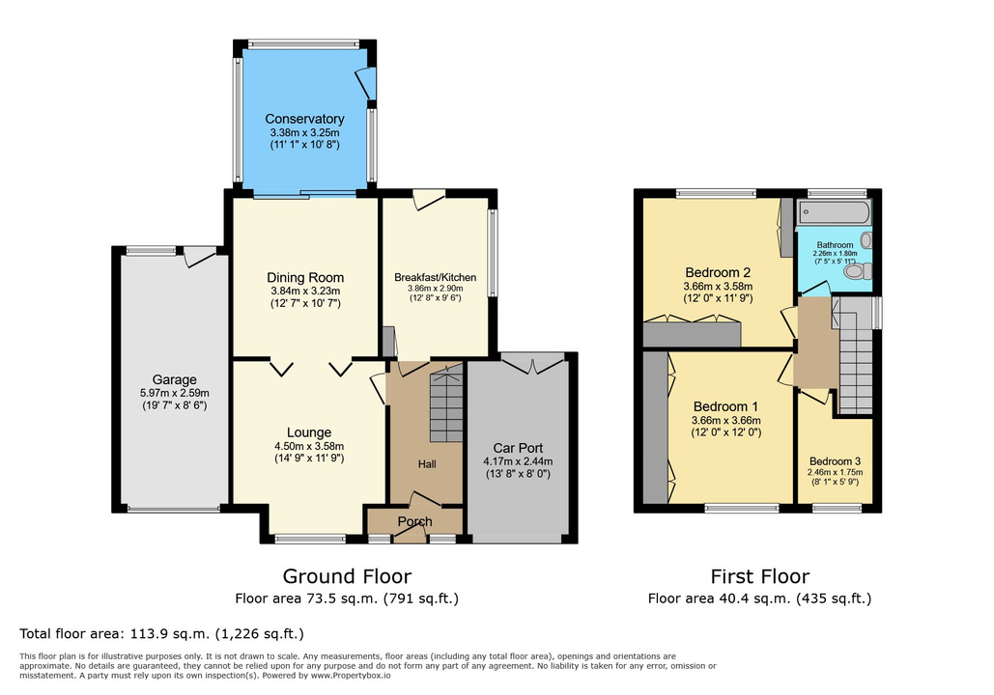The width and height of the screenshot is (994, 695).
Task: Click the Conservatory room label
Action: [304, 119]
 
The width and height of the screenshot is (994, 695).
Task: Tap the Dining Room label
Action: [305, 277]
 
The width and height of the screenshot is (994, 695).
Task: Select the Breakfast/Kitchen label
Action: [435, 277]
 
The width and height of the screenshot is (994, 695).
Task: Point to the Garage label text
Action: [174, 379]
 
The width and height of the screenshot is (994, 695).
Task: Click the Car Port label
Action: [518, 448]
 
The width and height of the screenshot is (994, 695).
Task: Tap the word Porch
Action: [414, 521]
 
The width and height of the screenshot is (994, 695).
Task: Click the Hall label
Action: [427, 464]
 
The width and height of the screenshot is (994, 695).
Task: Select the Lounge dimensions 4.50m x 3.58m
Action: [309, 446]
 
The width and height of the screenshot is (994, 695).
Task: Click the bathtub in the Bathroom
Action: [834, 212]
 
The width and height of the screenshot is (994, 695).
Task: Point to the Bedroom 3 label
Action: [835, 461]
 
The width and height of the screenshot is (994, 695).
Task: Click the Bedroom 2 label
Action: [718, 272]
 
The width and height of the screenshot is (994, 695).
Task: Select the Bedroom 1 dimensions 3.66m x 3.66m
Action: [725, 420]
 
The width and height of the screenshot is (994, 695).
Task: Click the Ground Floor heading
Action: [347, 576]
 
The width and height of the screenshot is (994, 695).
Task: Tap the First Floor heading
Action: [759, 576]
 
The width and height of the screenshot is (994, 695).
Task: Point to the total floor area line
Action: [161, 633]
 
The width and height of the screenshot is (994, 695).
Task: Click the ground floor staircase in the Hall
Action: [446, 406]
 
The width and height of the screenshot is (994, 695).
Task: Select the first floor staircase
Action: [856, 355]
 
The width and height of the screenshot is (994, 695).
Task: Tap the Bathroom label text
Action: [835, 245]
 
